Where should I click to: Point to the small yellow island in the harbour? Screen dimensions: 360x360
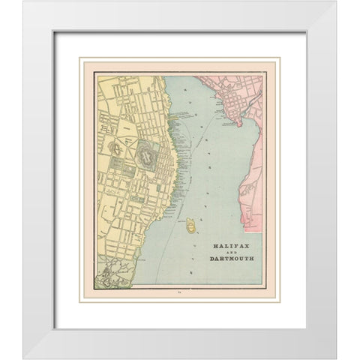point(191,223)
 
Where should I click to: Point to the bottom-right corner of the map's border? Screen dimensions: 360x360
point(262,286)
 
